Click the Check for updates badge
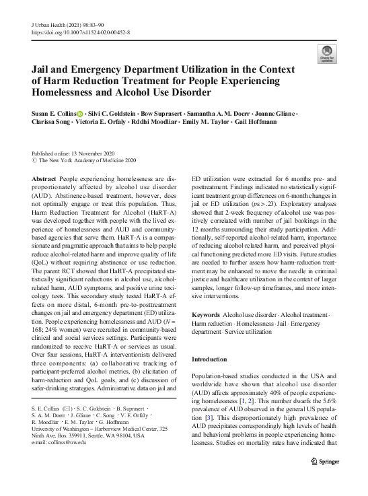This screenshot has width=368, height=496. (x=326, y=54)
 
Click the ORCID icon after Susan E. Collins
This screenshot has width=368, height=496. (x=79, y=114)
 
